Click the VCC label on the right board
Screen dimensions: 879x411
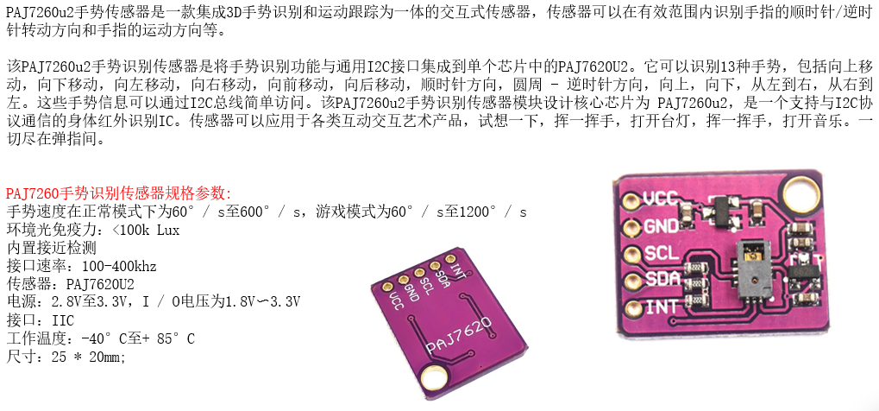(662, 197)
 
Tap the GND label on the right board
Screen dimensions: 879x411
(662, 226)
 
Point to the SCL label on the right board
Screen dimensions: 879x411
(662, 254)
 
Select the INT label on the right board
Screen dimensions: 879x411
(662, 307)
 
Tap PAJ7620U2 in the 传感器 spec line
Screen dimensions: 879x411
(100, 283)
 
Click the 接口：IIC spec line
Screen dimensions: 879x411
(41, 319)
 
